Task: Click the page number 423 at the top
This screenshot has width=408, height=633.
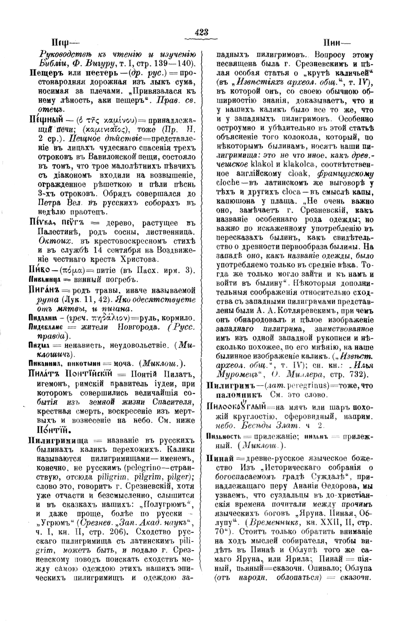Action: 201,32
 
